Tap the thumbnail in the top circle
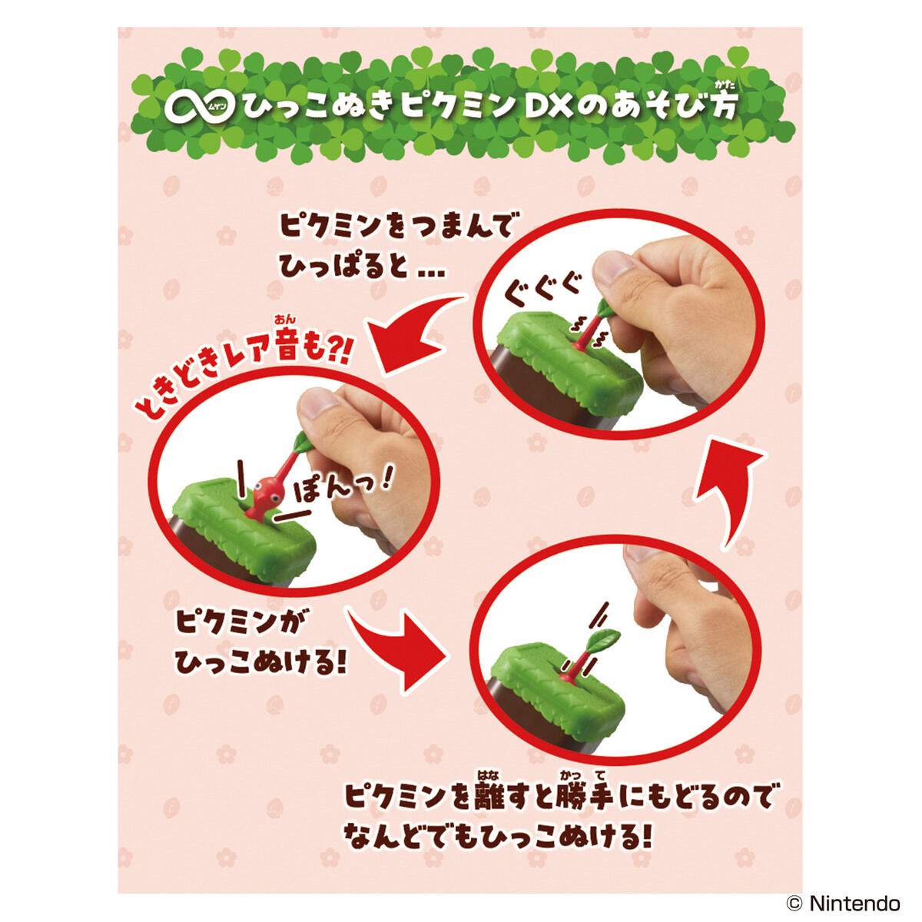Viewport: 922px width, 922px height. tap(615, 269)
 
